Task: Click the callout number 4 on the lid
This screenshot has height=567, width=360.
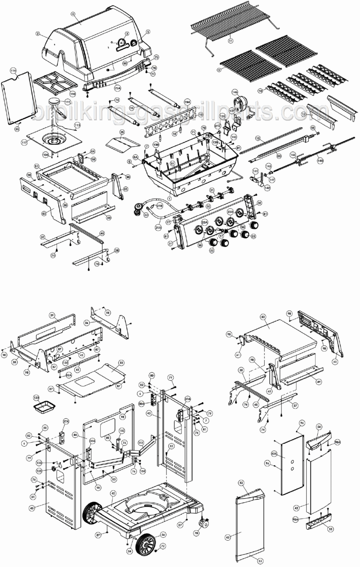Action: point(73,14)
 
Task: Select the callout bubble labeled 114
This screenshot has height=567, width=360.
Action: point(13,71)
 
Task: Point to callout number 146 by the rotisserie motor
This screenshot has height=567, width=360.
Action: point(235,92)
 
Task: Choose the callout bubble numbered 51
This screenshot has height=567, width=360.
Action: point(36,166)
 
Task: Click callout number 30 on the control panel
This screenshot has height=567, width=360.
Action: point(208,207)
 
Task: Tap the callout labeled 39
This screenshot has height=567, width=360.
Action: point(52,315)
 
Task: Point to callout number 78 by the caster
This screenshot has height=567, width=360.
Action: point(196,533)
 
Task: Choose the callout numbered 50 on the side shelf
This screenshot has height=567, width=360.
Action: point(263,316)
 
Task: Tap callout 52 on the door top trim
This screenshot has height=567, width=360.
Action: point(241,483)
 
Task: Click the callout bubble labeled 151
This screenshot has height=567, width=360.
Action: point(141,443)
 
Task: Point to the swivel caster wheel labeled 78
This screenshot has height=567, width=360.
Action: point(205,522)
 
